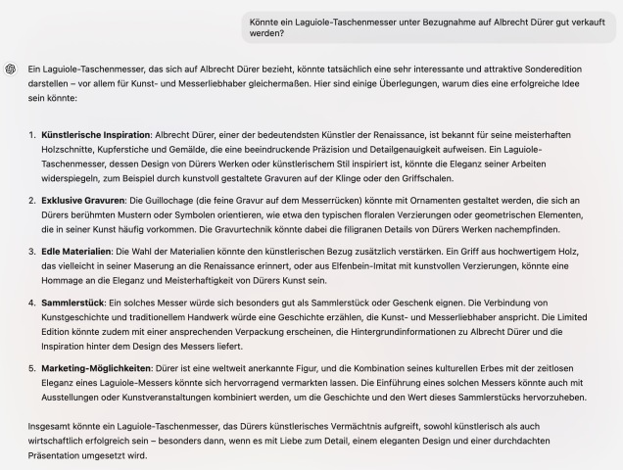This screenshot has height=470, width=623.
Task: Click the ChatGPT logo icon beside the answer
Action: (10, 69)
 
